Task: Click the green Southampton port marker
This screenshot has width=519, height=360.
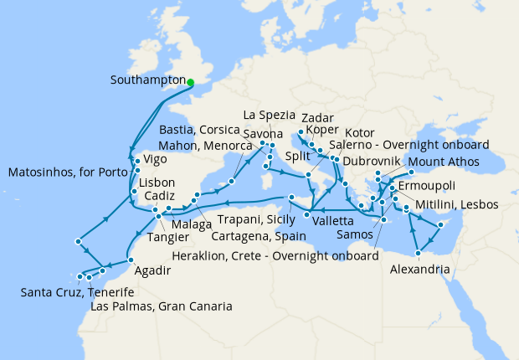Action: click(191, 82)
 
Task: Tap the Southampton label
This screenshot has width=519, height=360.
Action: click(147, 81)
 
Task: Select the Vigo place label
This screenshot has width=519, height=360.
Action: click(155, 158)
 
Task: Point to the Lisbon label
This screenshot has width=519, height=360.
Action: click(157, 183)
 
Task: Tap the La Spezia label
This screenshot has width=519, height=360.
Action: click(269, 115)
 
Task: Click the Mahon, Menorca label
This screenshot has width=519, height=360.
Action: click(199, 144)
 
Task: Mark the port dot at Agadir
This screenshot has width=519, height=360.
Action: click(131, 261)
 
